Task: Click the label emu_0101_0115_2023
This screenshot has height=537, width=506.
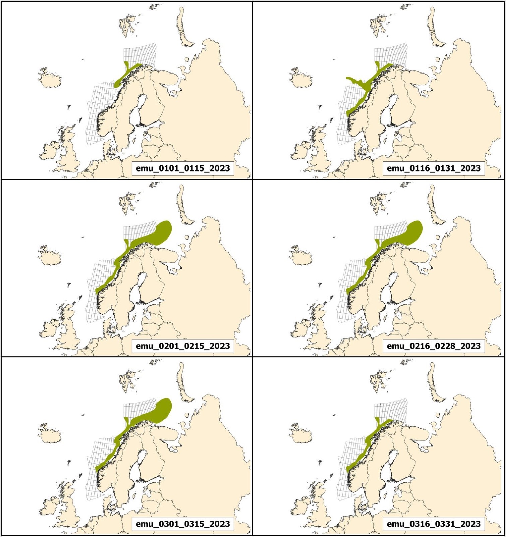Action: pos(183,168)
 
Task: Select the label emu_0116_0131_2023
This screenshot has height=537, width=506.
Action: pos(434,168)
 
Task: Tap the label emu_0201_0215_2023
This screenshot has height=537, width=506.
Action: pos(183,346)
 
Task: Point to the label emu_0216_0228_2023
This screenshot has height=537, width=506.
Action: pos(434,346)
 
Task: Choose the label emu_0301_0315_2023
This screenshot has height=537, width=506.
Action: pos(183,524)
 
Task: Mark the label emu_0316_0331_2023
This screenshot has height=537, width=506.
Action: pos(434,524)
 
